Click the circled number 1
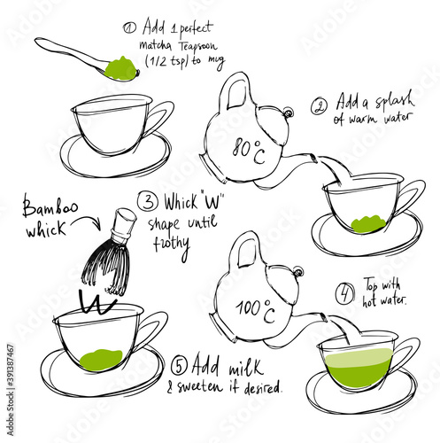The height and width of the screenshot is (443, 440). (x=129, y=28)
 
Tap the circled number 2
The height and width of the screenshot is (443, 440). (x=319, y=106)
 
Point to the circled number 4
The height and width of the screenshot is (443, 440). (x=345, y=293)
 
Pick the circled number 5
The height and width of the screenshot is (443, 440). (x=179, y=366)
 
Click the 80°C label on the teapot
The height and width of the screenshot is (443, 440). (x=249, y=152)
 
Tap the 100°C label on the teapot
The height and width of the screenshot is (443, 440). (x=256, y=310)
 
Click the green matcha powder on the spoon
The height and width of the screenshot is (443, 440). (x=121, y=68)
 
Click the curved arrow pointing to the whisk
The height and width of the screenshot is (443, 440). (x=87, y=220)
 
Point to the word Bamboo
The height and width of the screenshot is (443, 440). (x=50, y=206)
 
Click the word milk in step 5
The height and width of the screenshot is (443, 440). (x=245, y=367)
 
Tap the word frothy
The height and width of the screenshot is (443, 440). (x=172, y=245)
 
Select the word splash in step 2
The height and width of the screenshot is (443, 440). (x=395, y=100)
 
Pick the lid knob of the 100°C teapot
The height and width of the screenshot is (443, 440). (x=298, y=271)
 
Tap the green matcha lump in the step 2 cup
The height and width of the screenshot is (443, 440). (x=368, y=223)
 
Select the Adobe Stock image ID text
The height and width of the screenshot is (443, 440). (x=11, y=390)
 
